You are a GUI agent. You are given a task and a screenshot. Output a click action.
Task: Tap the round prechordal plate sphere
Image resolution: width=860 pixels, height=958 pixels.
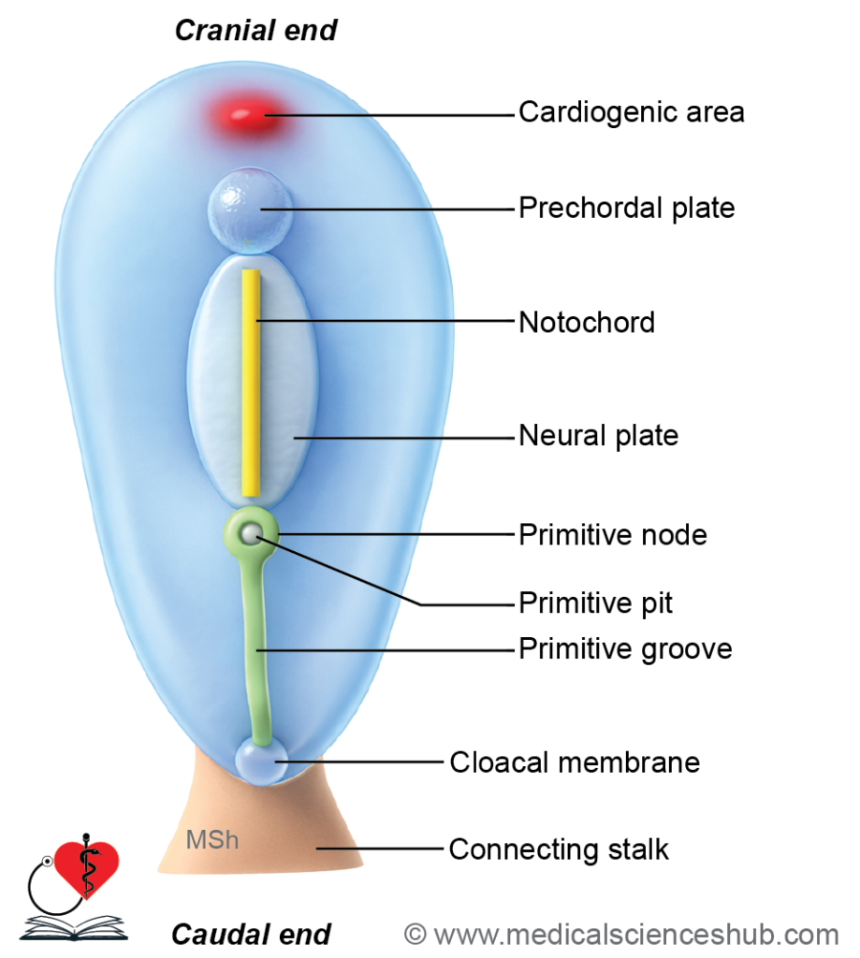click(x=250, y=210)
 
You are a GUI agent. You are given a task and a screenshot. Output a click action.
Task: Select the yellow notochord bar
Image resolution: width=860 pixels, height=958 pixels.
click(x=251, y=383)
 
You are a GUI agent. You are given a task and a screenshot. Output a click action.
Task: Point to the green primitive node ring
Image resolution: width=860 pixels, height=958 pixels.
click(x=235, y=534)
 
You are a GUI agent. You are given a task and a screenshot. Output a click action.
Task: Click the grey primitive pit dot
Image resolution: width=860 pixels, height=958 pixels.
click(x=251, y=534)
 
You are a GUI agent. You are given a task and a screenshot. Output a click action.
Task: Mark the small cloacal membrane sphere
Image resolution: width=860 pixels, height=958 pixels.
click(x=262, y=761)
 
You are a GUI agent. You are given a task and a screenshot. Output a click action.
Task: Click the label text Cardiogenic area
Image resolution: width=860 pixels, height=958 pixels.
click(x=632, y=112)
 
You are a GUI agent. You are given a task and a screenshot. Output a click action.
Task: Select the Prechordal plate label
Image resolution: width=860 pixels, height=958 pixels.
click(x=626, y=208)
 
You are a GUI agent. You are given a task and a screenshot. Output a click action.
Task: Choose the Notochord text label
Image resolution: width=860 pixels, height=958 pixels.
click(x=587, y=322)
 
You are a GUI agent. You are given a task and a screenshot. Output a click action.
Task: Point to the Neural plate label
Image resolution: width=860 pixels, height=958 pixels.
click(x=598, y=436)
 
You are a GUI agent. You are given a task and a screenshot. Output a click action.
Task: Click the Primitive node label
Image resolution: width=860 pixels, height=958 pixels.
click(x=613, y=534)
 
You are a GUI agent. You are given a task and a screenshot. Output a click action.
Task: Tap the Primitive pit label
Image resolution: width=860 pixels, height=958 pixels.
click(x=595, y=603)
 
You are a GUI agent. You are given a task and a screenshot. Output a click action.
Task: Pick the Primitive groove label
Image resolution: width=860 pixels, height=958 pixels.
click(x=625, y=649)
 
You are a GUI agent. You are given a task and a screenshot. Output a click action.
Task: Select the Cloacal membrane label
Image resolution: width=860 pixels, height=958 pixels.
click(x=575, y=762)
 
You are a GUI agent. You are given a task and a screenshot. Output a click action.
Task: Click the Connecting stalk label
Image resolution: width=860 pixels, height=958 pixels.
click(x=559, y=849)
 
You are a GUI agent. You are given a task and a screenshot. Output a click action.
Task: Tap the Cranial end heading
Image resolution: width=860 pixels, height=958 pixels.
click(x=256, y=31)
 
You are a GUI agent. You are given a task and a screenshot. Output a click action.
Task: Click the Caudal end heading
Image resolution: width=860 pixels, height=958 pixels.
click(x=251, y=935)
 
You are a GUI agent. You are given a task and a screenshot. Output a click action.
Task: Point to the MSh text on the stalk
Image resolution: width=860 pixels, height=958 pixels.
click(x=212, y=840)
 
